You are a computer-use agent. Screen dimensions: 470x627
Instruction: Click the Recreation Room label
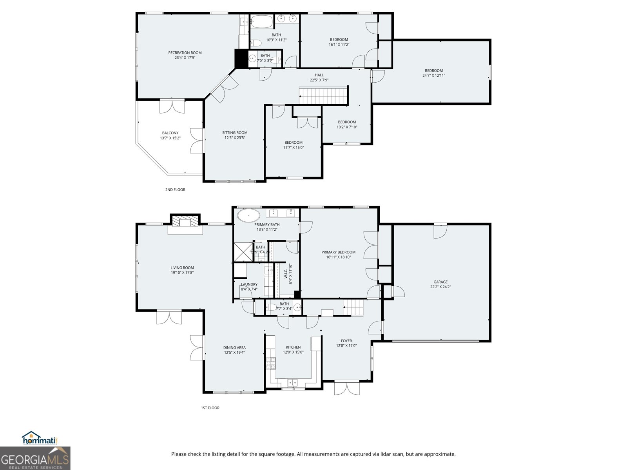pyautogui.click(x=185, y=53)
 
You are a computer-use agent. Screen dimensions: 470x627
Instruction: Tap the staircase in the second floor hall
pyautogui.click(x=323, y=96)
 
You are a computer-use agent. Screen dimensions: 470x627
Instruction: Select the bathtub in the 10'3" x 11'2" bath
pyautogui.click(x=261, y=22)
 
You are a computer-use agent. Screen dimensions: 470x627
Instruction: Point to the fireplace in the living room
pyautogui.click(x=185, y=222)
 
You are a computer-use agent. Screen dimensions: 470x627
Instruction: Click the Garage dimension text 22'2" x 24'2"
pyautogui.click(x=440, y=287)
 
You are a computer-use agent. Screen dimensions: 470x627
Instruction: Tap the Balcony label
pyautogui.click(x=170, y=133)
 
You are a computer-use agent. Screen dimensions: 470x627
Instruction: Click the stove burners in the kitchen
pyautogui.click(x=271, y=363)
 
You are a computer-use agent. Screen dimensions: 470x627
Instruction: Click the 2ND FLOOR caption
pyautogui.click(x=175, y=190)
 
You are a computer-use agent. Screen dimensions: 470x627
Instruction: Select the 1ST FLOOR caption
pyautogui.click(x=210, y=408)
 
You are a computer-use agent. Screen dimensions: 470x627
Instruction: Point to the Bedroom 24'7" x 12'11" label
pyautogui.click(x=434, y=71)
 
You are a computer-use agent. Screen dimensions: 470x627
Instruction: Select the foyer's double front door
pyautogui.click(x=346, y=388)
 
